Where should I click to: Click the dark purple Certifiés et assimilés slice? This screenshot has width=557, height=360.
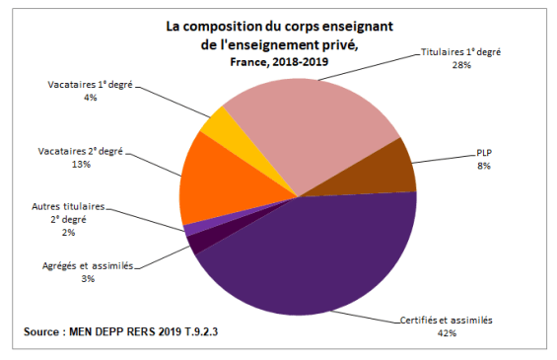click(x=315, y=256)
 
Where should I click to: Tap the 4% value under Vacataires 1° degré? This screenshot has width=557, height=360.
click(x=90, y=98)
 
